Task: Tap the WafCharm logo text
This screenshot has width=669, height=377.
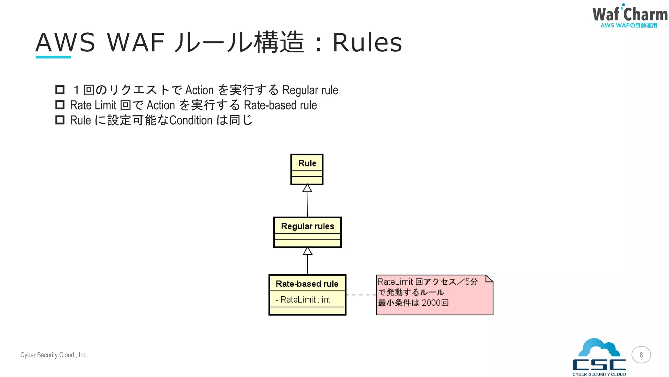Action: pos(629,15)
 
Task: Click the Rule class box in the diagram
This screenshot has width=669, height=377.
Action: pos(307,169)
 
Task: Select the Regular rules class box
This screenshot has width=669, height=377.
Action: pos(307,232)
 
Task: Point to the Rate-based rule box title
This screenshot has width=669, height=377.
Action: pos(307,284)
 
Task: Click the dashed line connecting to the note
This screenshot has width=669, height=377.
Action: pos(361,295)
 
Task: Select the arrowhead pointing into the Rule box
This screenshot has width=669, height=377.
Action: pos(307,188)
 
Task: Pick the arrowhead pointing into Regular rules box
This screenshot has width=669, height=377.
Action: pos(307,251)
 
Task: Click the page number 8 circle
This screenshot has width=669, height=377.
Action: pos(641,355)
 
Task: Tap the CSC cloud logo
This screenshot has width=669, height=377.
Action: pos(599,357)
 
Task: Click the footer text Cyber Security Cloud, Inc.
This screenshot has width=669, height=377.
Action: pos(54,355)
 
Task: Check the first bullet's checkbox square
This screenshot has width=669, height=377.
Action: pos(60,90)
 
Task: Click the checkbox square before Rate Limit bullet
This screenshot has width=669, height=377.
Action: pos(60,105)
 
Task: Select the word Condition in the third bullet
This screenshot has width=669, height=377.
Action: pos(191,120)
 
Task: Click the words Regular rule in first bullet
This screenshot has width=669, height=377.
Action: pos(310,90)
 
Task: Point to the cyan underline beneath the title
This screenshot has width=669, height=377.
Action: pos(53,57)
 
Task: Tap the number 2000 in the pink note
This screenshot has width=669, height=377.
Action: pos(431,303)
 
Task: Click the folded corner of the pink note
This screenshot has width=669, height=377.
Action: pos(489,278)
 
